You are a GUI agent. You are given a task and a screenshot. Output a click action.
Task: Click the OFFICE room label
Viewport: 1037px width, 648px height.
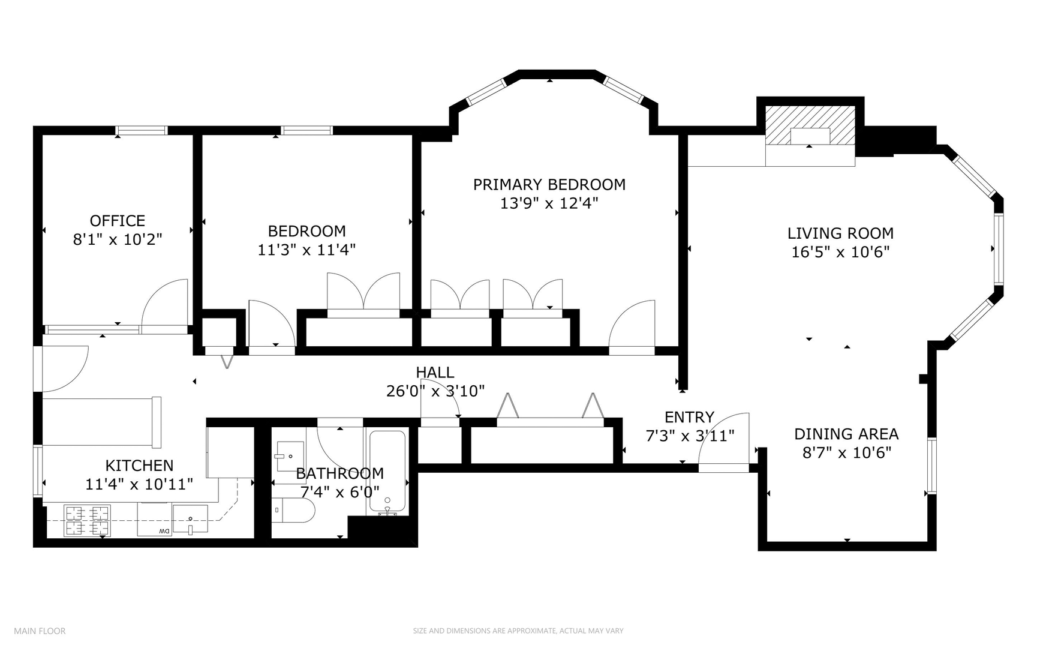pyautogui.click(x=118, y=221)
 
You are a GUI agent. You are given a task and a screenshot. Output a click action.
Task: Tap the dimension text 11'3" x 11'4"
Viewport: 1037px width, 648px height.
pyautogui.click(x=306, y=250)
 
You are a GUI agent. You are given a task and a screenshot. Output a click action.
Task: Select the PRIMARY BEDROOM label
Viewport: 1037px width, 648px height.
pyautogui.click(x=549, y=185)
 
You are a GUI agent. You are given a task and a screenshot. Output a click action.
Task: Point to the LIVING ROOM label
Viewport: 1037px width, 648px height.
pyautogui.click(x=840, y=233)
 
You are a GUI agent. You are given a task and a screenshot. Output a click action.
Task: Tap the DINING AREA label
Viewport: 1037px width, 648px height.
pyautogui.click(x=846, y=434)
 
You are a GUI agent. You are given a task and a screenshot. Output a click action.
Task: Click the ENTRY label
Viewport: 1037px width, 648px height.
pyautogui.click(x=689, y=417)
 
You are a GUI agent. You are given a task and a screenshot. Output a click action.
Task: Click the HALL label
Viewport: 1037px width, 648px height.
pyautogui.click(x=435, y=373)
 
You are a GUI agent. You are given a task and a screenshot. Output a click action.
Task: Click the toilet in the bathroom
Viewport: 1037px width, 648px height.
pyautogui.click(x=294, y=510)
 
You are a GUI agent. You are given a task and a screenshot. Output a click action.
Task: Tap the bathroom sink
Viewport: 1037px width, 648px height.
pyautogui.click(x=290, y=456)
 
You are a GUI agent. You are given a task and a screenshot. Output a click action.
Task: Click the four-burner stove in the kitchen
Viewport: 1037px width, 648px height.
pyautogui.click(x=88, y=520)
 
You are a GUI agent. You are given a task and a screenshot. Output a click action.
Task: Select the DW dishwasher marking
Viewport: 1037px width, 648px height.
pyautogui.click(x=163, y=532)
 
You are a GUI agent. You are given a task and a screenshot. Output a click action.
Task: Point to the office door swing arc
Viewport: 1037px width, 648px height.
pyautogui.click(x=164, y=303)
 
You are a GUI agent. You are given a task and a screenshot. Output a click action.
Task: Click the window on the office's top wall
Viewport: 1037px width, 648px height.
pyautogui.click(x=142, y=130)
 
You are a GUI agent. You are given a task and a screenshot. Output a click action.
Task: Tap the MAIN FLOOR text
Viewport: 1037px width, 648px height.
pyautogui.click(x=40, y=631)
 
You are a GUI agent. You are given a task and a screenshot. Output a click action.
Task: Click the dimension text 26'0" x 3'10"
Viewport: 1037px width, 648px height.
pyautogui.click(x=435, y=391)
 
